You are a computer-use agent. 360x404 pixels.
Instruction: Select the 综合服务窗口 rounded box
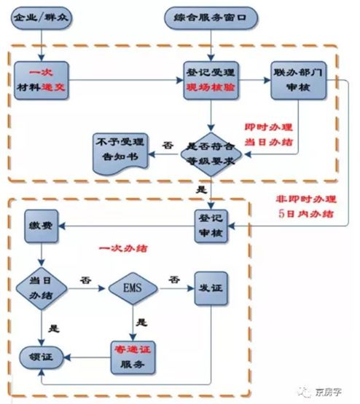coord(211,15)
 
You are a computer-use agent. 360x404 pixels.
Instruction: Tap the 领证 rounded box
coord(41,356)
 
